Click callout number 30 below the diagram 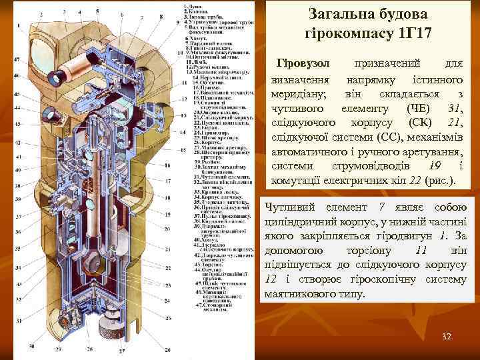click(31, 348)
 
